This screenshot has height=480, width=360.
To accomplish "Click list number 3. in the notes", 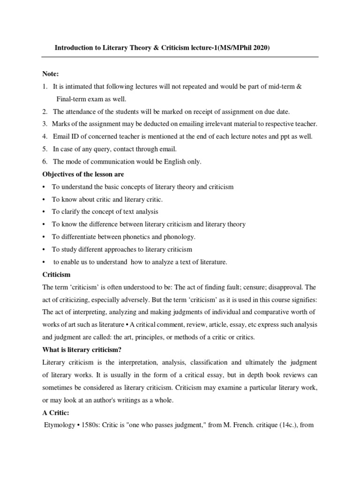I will (45, 124).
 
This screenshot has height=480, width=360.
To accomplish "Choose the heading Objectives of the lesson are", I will (83, 174).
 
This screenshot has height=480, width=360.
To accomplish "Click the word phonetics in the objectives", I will (129, 237).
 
